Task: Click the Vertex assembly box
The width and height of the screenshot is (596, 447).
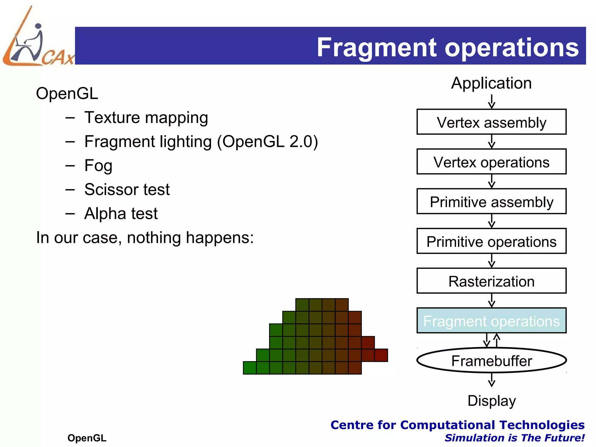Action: pos(491,122)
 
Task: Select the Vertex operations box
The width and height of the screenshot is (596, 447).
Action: pos(491,162)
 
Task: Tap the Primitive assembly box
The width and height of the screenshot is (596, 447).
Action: pos(491,201)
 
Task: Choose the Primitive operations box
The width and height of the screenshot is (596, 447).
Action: pos(491,241)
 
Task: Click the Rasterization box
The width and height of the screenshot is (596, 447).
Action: pos(491,281)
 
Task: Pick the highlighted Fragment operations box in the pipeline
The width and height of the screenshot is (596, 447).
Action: pos(491,321)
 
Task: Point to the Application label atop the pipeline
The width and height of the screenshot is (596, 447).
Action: pos(491,83)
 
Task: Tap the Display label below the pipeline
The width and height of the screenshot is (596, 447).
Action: pos(492,401)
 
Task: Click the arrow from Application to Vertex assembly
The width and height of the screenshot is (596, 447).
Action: pos(492,102)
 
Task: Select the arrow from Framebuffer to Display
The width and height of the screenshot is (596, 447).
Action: pos(492,380)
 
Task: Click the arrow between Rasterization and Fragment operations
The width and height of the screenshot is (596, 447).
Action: pos(492,300)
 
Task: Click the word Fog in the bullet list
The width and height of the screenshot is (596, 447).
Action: pos(98,166)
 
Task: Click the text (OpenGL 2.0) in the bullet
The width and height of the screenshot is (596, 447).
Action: pos(267,142)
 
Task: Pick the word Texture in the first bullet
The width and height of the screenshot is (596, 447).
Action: pos(112,118)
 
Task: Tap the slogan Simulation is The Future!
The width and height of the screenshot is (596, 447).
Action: pos(514,438)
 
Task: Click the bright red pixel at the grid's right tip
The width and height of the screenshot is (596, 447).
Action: pos(381,355)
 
